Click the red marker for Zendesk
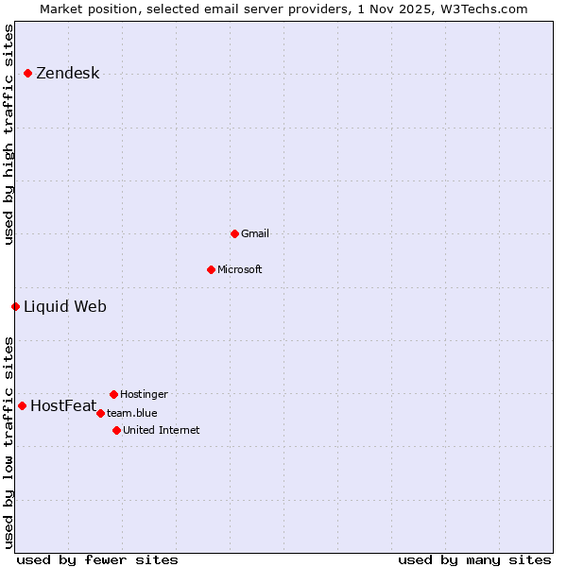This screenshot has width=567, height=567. (28, 73)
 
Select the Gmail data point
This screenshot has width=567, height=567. (234, 233)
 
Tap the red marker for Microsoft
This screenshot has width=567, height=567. (211, 269)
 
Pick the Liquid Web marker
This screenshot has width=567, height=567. (15, 306)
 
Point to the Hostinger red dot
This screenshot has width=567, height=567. (113, 394)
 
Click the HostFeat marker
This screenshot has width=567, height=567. (22, 405)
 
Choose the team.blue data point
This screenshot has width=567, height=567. (100, 413)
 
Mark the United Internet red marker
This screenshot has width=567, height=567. (116, 430)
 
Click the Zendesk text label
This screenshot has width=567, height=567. (67, 74)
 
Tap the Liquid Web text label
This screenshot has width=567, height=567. (64, 306)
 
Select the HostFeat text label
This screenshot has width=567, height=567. (63, 406)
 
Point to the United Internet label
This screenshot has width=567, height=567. (161, 430)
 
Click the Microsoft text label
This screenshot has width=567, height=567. (239, 269)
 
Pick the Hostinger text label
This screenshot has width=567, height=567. (144, 394)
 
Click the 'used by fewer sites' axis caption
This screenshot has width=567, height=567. (97, 559)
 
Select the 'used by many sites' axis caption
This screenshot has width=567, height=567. (474, 559)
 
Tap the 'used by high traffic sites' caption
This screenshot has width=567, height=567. (9, 134)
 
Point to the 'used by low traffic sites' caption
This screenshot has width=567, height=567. (9, 441)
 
